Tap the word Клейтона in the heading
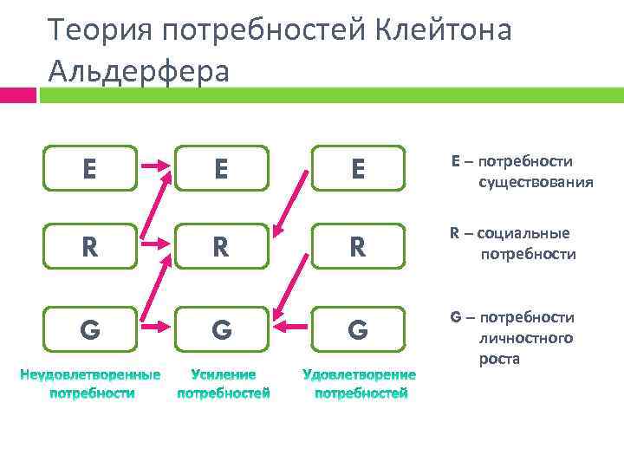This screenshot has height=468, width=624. pos(445,30)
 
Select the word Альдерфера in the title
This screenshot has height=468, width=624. pos(140,70)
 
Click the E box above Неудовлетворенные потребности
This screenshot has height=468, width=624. pos(90,167)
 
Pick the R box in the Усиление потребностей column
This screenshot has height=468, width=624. pos(222,248)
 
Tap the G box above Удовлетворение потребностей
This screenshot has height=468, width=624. pos(359,329)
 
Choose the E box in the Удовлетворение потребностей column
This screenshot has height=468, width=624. pos(359,167)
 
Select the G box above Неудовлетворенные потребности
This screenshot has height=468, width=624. pos(90,329)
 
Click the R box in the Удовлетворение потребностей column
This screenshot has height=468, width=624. pos(359,248)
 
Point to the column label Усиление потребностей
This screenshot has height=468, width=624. pos(223,383)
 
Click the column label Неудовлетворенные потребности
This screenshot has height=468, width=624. pos(91,383)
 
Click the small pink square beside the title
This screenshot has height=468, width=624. pos(17,94)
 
